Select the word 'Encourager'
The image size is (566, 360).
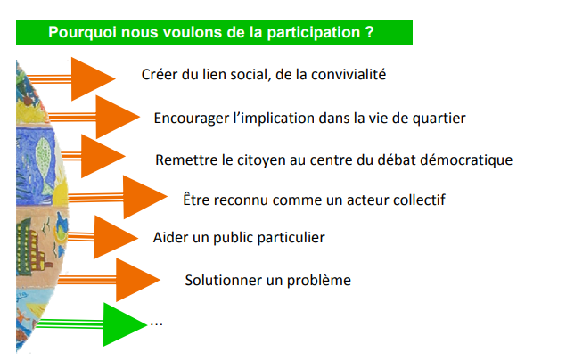(x=192, y=118)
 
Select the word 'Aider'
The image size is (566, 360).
(x=171, y=238)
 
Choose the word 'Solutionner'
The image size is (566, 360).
(x=223, y=281)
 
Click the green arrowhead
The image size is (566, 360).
(x=123, y=324)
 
